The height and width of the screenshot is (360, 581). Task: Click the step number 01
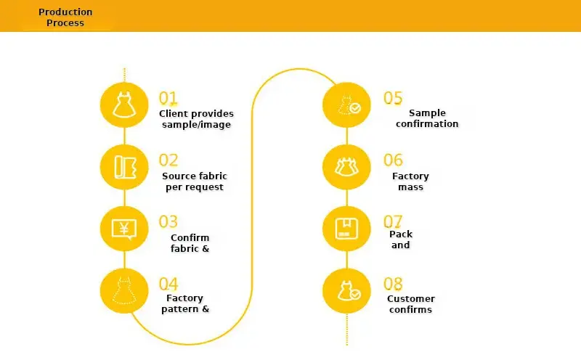point(168,98)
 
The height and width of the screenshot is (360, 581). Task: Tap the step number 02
point(168,160)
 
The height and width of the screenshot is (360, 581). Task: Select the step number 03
point(168,222)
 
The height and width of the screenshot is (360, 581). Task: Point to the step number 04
point(168,284)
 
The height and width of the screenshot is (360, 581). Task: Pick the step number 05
point(393,98)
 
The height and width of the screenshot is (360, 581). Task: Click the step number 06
point(393,160)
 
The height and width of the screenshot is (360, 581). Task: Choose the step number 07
point(393,222)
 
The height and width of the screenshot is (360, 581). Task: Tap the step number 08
point(393,284)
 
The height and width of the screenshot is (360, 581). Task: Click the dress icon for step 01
point(124,105)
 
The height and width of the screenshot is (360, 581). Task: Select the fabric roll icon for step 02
point(125,167)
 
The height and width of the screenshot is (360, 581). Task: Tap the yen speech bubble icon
point(124,229)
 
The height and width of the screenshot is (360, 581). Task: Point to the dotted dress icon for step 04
point(124,291)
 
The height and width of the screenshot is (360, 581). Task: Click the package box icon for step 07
point(346,229)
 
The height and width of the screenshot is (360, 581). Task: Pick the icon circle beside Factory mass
point(346,167)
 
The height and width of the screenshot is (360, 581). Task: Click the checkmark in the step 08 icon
point(355,295)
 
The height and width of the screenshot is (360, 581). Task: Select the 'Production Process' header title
point(65,17)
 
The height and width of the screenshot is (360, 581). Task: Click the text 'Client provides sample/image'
point(196,119)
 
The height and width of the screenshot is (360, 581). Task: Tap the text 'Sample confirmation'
point(427,118)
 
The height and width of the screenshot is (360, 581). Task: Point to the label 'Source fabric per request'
point(195,181)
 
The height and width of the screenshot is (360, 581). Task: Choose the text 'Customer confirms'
point(411,304)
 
